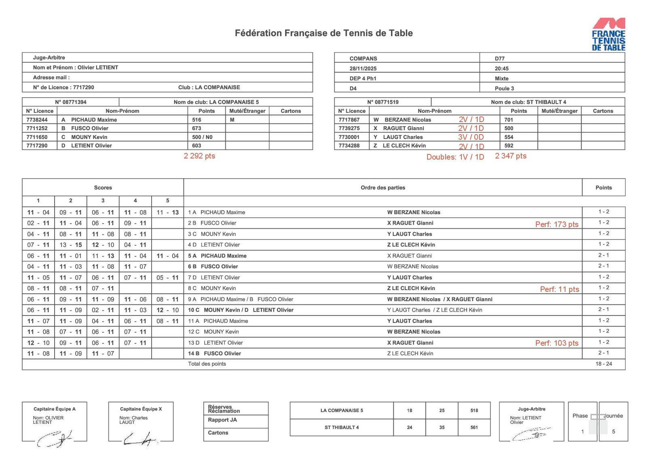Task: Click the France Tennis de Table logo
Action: pos(608,34)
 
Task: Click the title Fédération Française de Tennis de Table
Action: pos(323,33)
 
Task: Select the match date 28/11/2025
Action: pos(363,69)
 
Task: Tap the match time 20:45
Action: pos(501,69)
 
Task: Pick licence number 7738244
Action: pos(37,120)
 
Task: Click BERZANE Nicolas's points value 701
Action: pos(508,120)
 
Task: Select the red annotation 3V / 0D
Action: pos(471,137)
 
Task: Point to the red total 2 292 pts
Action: pos(199,156)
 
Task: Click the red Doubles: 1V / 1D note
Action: pos(455,157)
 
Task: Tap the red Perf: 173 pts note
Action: pos(556,224)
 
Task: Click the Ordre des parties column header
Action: pos(383,187)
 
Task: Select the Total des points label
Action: pos(207,364)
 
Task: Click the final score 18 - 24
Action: pos(603,364)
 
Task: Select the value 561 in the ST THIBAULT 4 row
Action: pos(474,428)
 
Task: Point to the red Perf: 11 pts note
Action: pos(559,289)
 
